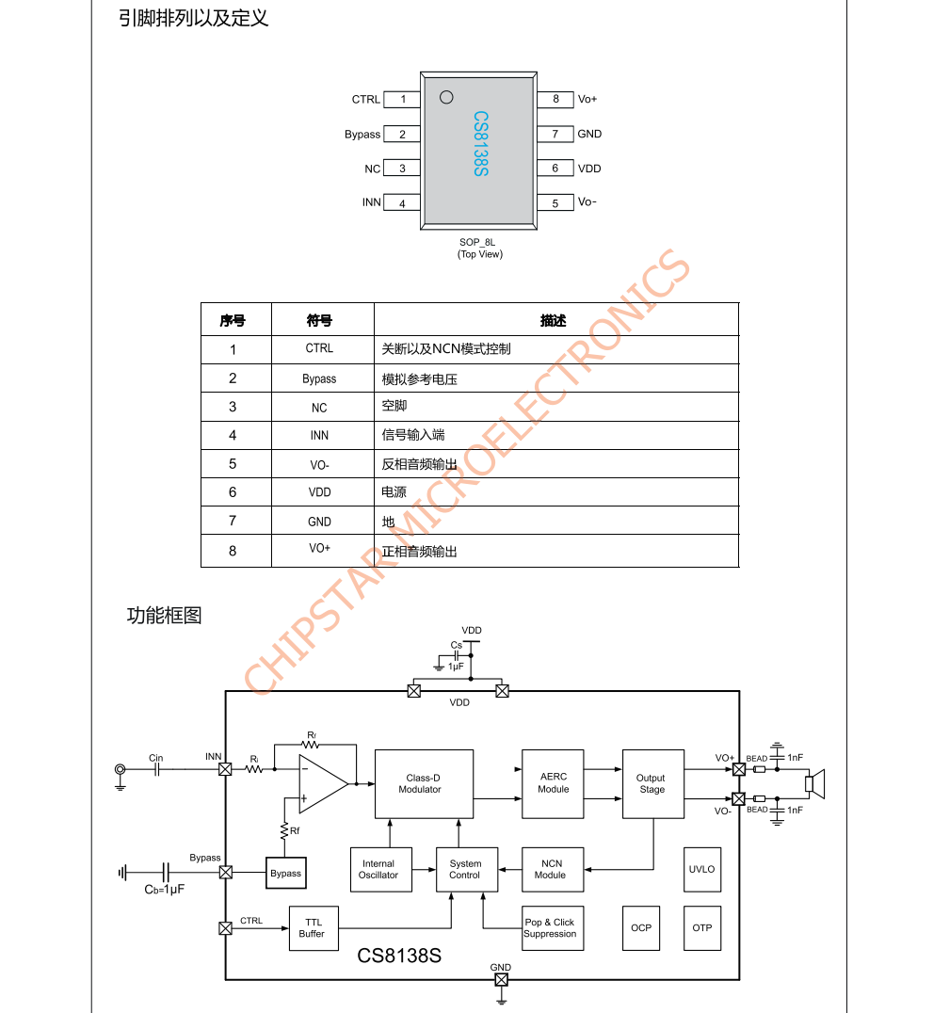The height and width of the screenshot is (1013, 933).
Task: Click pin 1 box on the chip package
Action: coord(403,99)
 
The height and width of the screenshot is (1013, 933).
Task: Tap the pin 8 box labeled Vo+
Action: coord(555,99)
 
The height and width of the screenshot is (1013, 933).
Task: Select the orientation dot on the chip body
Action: coord(446,96)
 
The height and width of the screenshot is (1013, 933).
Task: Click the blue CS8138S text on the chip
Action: coord(480,145)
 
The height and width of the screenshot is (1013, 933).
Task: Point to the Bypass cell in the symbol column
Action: coord(319,378)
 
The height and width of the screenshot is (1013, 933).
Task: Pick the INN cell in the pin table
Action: coord(319,436)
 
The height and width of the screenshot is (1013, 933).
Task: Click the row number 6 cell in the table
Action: coord(233,492)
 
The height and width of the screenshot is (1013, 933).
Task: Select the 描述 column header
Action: coord(554,321)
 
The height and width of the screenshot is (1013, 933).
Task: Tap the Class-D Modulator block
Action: coord(423,784)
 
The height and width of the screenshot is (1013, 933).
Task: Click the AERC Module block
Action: coord(553,783)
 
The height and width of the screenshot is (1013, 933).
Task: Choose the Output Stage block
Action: coord(651,783)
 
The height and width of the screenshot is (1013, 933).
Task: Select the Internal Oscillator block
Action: coord(378,869)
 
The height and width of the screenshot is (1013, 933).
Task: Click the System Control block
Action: coord(465,869)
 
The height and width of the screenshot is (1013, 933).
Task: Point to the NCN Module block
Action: coord(552,869)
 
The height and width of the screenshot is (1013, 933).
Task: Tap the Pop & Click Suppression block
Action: coord(550,928)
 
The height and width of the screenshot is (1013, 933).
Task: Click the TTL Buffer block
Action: coord(313,927)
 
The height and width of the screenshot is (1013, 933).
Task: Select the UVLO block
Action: coord(702,869)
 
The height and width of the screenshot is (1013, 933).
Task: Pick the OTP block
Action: coord(702,927)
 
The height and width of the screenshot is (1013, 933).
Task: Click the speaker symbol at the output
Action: coord(814,783)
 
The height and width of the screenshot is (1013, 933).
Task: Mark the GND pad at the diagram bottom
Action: coord(501,980)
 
